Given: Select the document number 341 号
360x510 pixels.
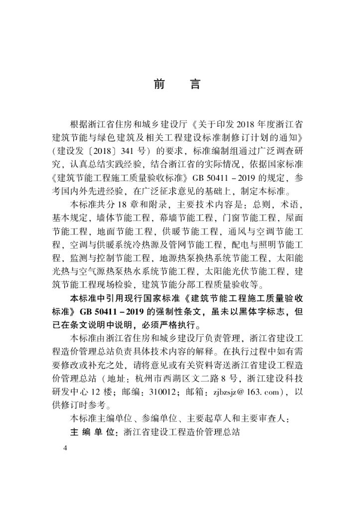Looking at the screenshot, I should pos(134,150).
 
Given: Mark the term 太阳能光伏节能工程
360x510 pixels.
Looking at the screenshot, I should pos(243,272).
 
